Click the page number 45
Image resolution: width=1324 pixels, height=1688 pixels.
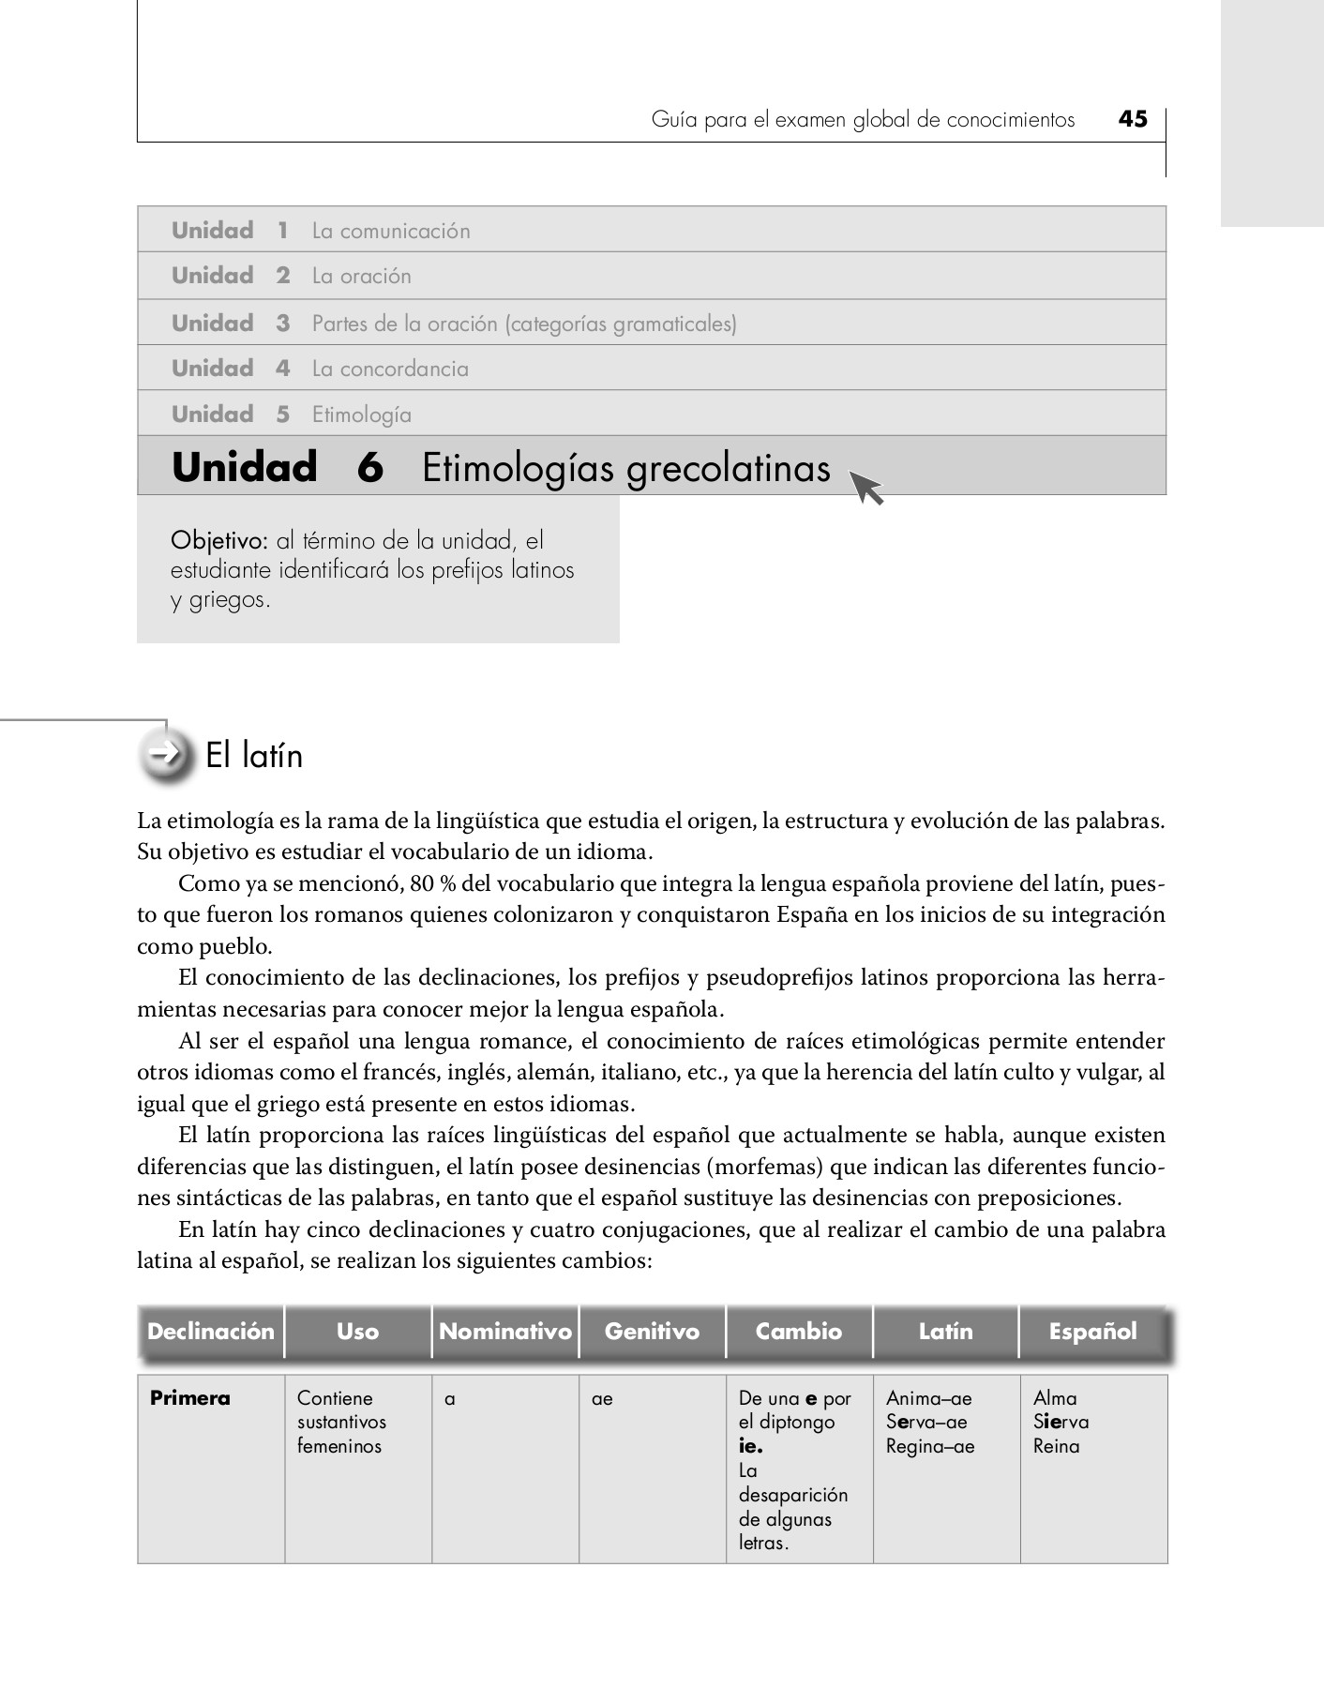point(1133,119)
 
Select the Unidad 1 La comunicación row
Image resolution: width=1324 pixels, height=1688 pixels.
point(651,230)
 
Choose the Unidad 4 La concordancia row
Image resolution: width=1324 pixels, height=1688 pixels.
point(651,368)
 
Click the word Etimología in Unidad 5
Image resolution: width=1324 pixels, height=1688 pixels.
point(361,414)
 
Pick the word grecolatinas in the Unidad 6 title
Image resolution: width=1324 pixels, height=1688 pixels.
point(728,468)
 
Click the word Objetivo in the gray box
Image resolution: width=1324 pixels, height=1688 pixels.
point(219,541)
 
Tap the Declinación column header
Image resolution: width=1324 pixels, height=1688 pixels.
point(211,1332)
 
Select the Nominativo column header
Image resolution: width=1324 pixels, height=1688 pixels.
point(504,1332)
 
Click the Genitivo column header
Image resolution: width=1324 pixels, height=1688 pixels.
point(652,1332)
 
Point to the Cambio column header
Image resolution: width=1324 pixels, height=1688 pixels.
point(799,1332)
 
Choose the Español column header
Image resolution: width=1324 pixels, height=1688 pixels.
point(1092,1332)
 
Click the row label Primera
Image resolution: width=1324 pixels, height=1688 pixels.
point(189,1398)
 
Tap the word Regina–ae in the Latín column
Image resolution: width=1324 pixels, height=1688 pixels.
point(930,1447)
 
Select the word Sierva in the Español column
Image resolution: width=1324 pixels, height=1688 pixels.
point(1061,1423)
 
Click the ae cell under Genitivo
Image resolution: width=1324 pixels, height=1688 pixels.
point(602,1399)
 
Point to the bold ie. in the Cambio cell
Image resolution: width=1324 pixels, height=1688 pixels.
point(750,1447)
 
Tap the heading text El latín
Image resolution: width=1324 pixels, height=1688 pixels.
point(254,756)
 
